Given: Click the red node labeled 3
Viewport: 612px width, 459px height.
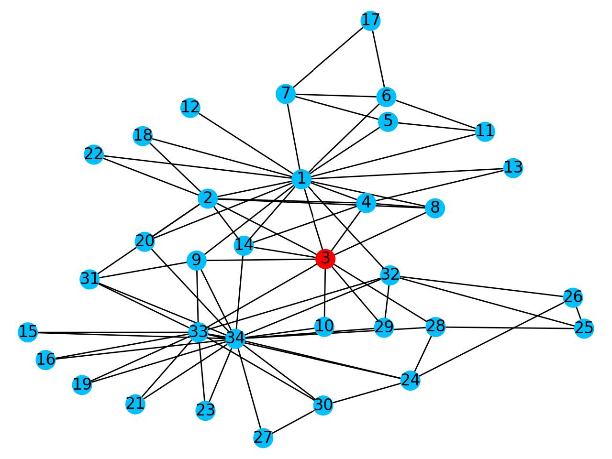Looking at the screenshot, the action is pyautogui.click(x=325, y=259).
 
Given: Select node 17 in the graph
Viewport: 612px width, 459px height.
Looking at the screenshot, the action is pyautogui.click(x=370, y=21).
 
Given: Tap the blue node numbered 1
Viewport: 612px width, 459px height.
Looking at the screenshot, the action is pyautogui.click(x=301, y=179).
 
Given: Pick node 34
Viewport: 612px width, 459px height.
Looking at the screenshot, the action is pyautogui.click(x=235, y=339).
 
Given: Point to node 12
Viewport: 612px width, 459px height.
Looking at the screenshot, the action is pyautogui.click(x=190, y=108).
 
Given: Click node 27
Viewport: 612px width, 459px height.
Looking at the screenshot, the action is pyautogui.click(x=263, y=438).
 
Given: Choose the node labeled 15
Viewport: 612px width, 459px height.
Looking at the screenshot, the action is pyautogui.click(x=28, y=332).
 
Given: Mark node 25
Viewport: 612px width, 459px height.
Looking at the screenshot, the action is pyautogui.click(x=584, y=328).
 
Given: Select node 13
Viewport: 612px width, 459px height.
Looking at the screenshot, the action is pyautogui.click(x=513, y=168).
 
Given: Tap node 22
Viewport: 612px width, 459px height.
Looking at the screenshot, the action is pyautogui.click(x=94, y=154).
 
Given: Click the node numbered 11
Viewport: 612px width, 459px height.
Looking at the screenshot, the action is pyautogui.click(x=485, y=131).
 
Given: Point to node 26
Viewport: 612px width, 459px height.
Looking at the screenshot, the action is pyautogui.click(x=573, y=298).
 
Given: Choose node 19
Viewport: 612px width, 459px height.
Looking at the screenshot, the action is pyautogui.click(x=82, y=385).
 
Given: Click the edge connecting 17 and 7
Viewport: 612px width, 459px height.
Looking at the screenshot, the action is pyautogui.click(x=328, y=57).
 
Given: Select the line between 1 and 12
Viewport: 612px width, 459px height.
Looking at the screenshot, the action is pyautogui.click(x=245, y=143).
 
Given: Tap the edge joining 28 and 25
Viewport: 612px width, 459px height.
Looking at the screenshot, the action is pyautogui.click(x=510, y=328).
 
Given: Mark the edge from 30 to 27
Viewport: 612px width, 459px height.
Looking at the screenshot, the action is pyautogui.click(x=293, y=421).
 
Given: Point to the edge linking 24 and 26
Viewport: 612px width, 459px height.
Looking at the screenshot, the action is pyautogui.click(x=491, y=339).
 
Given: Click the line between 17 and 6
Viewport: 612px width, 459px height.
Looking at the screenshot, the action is pyautogui.click(x=378, y=58).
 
